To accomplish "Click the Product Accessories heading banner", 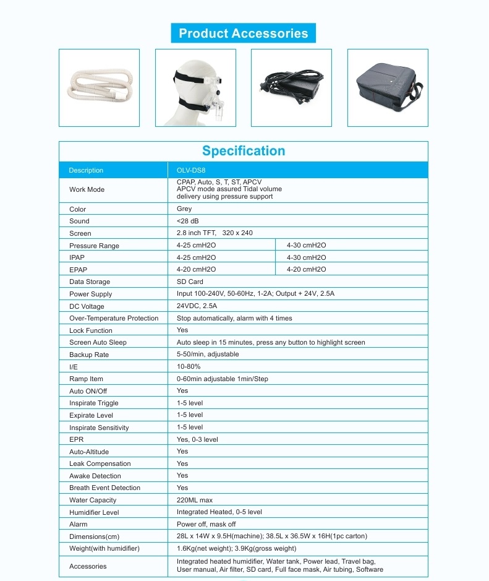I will (243, 33).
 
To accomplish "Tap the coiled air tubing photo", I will (99, 88).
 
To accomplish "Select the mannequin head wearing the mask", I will (195, 88).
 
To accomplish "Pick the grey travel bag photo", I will (388, 88).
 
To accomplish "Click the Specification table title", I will (244, 151).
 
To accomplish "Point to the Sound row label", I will (79, 221).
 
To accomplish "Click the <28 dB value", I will (188, 221).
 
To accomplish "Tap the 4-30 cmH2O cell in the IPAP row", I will (306, 257).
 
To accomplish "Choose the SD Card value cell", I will (190, 282).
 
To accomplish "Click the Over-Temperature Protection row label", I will (114, 318).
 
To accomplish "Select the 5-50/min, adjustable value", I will (208, 355).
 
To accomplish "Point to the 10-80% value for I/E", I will (189, 367).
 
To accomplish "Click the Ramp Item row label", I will (86, 379).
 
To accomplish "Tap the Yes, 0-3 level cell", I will (197, 439).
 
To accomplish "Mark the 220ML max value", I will (194, 500).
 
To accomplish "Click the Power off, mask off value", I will (206, 524).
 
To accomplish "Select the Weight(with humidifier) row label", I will (104, 548).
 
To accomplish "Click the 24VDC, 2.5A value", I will (197, 306).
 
